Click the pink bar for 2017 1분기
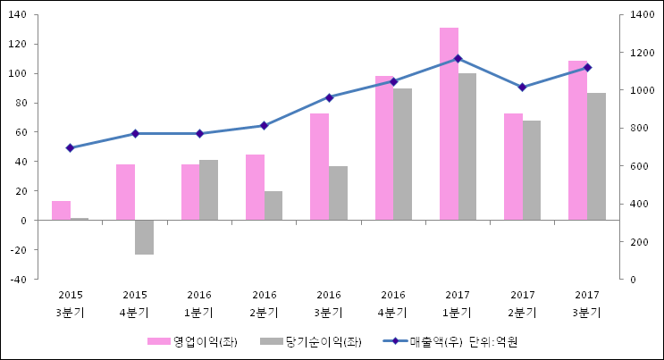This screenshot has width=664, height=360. pos(449,124)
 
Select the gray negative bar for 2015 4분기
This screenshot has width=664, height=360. pos(144,237)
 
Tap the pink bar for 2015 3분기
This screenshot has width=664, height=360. pos(61,211)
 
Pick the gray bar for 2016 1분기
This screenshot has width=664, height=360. pos(208,190)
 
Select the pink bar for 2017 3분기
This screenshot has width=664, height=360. pos(577,140)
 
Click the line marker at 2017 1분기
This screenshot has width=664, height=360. pos(458,59)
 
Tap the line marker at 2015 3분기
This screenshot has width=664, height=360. pos(70,147)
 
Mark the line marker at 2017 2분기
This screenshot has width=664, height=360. pos(522,87)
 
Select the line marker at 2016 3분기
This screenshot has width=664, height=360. pos(329,97)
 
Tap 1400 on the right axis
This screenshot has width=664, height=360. pos(642,15)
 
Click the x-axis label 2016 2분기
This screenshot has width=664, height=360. pos(265,304)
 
